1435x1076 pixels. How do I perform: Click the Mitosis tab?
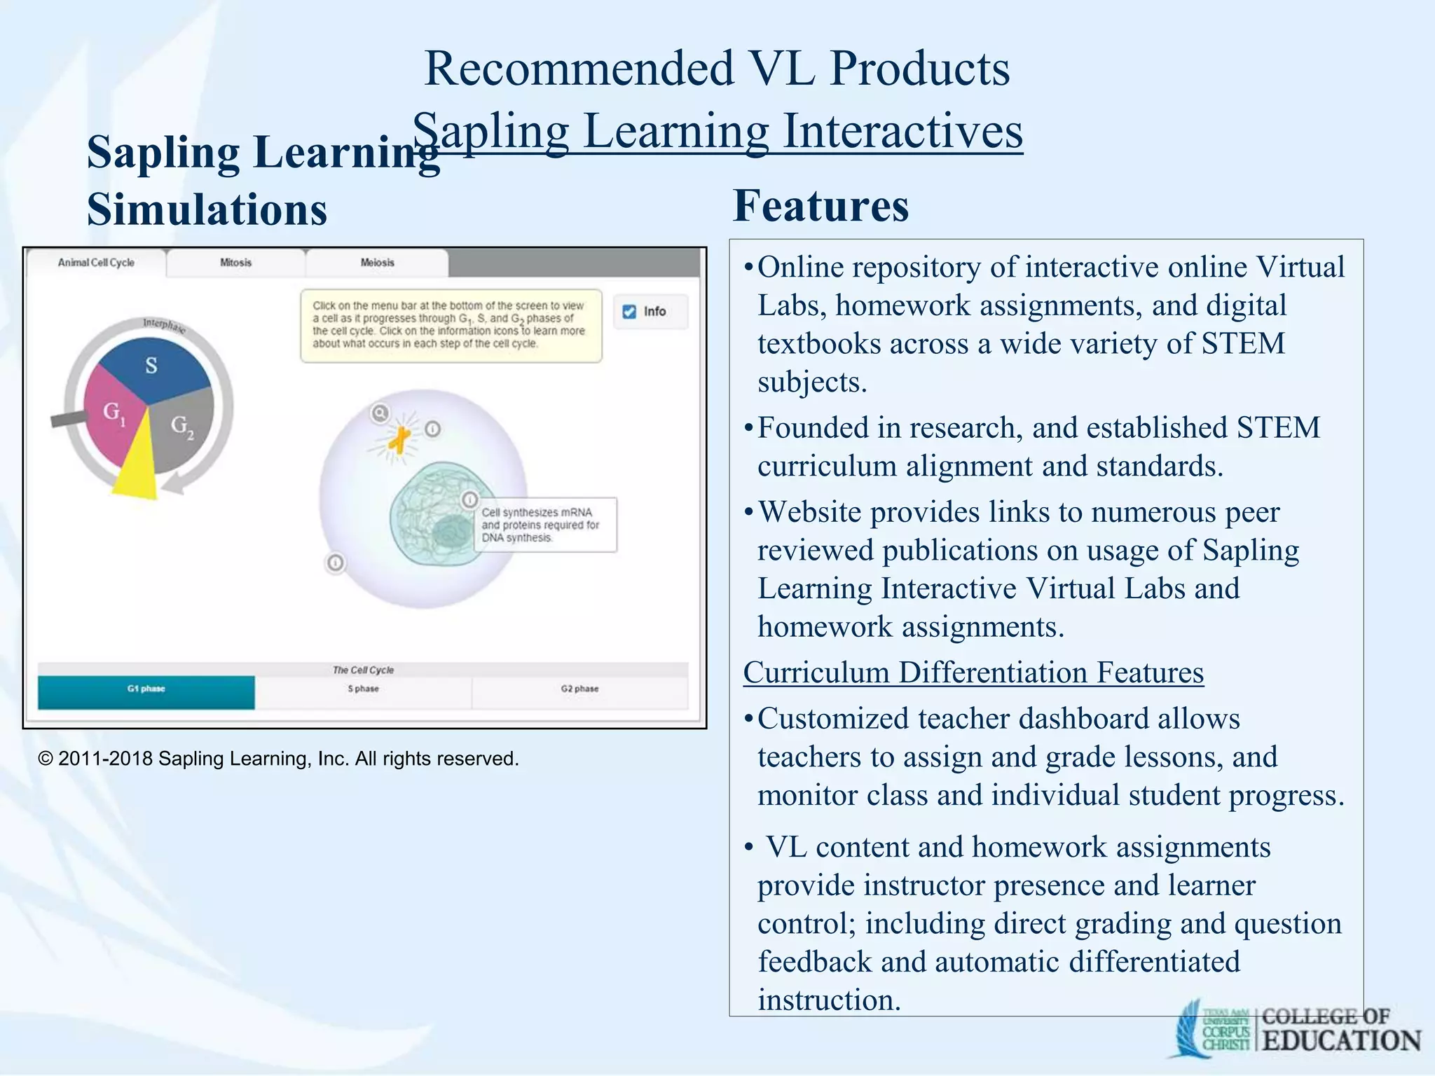[x=235, y=263]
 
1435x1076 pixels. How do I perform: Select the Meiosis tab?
[x=377, y=263]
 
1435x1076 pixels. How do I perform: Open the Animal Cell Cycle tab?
[x=96, y=263]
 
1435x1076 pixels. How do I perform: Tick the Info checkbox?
[x=629, y=312]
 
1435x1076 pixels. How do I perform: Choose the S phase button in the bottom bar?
[x=363, y=689]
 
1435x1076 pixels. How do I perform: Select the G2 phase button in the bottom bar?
[x=579, y=689]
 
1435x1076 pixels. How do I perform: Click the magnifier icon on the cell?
[x=380, y=413]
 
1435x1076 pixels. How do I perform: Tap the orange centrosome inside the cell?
[x=400, y=440]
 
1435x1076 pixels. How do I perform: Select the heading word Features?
[x=821, y=206]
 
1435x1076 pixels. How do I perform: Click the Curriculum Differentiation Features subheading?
[x=973, y=672]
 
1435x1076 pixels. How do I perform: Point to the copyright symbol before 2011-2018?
[x=46, y=759]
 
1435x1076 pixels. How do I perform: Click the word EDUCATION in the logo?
[x=1341, y=1040]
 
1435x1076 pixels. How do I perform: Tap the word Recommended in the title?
[x=579, y=69]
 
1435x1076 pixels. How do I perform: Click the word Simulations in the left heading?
[x=207, y=210]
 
